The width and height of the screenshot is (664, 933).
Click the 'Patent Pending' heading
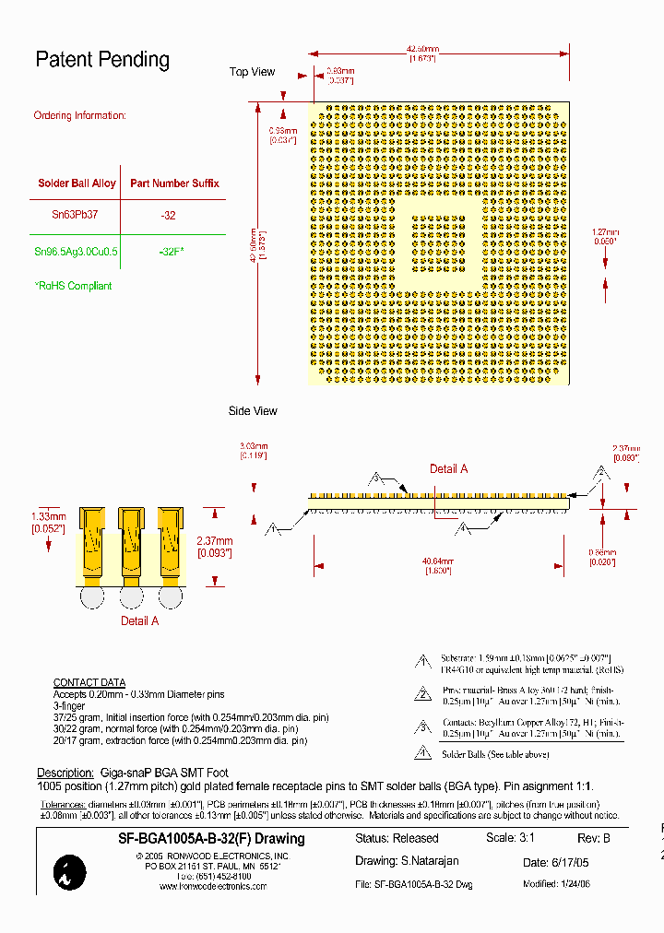[x=102, y=60]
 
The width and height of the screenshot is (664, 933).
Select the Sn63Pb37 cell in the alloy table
[x=75, y=215]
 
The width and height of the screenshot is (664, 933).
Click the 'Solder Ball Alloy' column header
[x=77, y=183]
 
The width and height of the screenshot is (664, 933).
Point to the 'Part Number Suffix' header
[x=174, y=183]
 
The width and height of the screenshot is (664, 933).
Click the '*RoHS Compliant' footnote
[x=73, y=286]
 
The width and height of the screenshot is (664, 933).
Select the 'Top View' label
[x=252, y=72]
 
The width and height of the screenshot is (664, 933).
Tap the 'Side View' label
[x=253, y=411]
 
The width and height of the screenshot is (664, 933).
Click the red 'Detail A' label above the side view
[x=448, y=469]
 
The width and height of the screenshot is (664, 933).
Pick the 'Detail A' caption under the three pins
[x=140, y=621]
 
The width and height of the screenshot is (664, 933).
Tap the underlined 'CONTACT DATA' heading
[x=89, y=683]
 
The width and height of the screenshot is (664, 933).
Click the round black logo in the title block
[x=70, y=872]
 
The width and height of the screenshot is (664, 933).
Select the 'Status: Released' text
[x=397, y=839]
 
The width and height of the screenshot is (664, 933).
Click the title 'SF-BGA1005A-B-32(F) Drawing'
[x=211, y=839]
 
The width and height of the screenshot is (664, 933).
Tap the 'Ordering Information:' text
[x=79, y=116]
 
